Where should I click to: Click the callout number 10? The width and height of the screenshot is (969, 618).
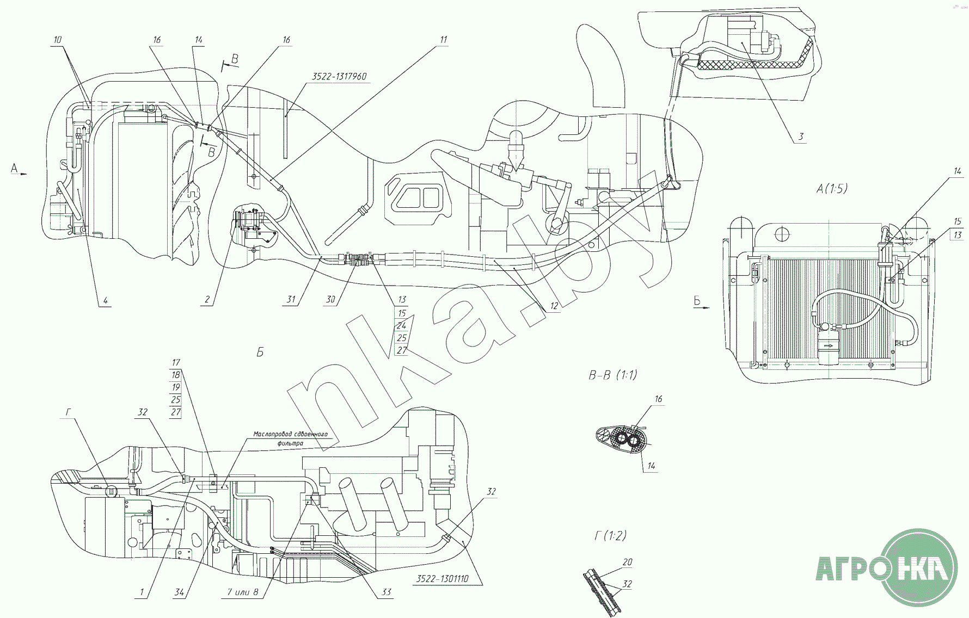(x=58, y=40)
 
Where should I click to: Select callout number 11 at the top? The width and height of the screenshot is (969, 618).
(x=444, y=40)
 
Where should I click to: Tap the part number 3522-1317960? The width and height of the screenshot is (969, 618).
(x=340, y=77)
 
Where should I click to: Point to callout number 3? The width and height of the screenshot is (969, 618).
(x=801, y=137)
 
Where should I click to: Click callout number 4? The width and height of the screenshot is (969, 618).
(x=106, y=300)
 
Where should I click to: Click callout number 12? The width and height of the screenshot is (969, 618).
(x=554, y=305)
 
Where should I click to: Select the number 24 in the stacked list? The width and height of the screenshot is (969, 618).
(x=402, y=326)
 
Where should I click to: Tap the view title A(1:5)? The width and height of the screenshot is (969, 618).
(x=831, y=189)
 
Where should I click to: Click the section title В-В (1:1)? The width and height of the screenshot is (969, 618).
(x=612, y=375)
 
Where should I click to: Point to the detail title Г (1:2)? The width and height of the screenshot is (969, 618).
(x=610, y=536)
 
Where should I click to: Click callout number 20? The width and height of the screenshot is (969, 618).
(x=627, y=563)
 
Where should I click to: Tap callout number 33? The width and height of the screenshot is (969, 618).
(x=386, y=592)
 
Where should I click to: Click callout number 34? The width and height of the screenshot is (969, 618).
(x=180, y=592)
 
